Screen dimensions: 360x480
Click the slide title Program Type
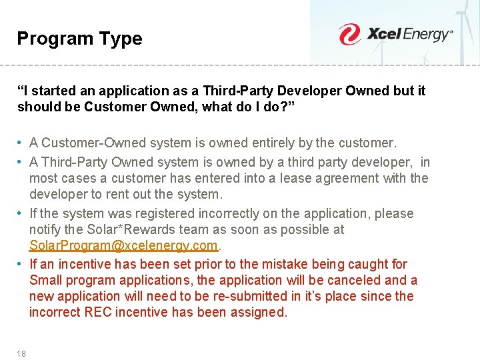tap(79, 39)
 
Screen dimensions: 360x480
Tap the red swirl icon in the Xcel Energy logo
tap(349, 34)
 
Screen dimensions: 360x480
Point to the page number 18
tap(21, 353)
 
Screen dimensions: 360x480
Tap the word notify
tap(45, 229)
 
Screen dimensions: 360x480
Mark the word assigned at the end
tap(259, 312)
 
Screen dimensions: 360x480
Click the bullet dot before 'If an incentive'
tap(21, 264)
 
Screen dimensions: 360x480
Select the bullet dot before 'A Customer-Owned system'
tap(21, 143)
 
